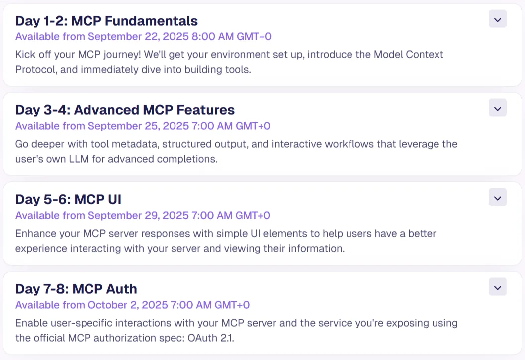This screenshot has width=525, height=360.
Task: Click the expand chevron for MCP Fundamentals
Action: [x=498, y=19]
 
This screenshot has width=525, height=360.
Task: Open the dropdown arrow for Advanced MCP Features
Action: [x=498, y=108]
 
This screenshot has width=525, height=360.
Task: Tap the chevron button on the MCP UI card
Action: [x=498, y=197]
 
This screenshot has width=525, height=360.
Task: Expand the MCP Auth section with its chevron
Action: [x=498, y=287]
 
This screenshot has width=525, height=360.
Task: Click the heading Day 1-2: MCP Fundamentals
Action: [x=106, y=21]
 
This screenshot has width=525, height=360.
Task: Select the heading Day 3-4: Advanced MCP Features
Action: [x=125, y=110]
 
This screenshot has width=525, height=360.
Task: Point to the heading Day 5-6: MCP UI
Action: [x=68, y=199]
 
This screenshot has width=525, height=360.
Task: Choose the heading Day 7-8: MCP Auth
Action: [x=77, y=289]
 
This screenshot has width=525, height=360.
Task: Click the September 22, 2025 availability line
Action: [x=144, y=36]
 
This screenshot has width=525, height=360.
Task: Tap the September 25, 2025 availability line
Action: [x=143, y=126]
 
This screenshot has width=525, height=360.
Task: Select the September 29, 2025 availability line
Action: [x=143, y=215]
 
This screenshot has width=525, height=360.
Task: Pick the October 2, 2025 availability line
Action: [x=133, y=305]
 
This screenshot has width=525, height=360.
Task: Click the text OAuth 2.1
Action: [x=210, y=338]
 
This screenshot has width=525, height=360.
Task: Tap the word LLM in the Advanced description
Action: [x=79, y=159]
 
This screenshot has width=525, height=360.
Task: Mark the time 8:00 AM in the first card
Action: [x=213, y=36]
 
